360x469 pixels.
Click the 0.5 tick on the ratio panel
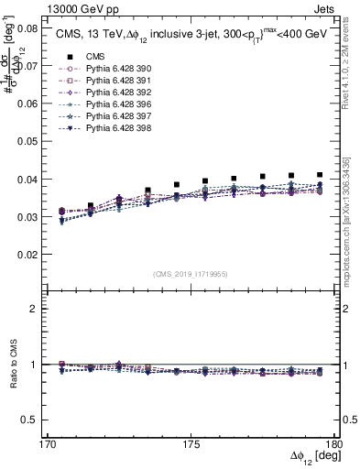coord(28,420)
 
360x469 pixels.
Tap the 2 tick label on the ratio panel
coord(34,309)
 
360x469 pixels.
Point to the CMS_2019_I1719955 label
coord(191,272)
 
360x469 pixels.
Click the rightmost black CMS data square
coord(319,175)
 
